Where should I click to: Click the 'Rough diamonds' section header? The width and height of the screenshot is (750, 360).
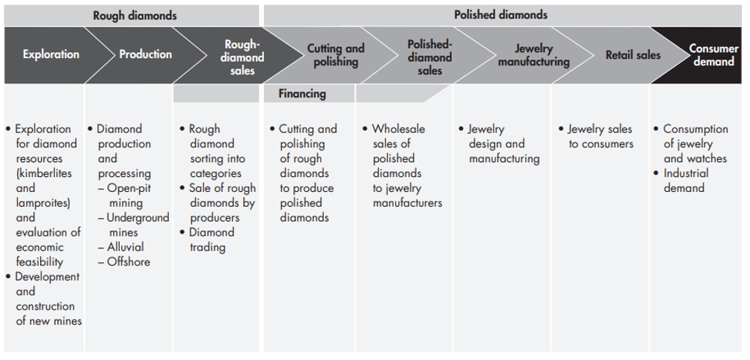pos(135,15)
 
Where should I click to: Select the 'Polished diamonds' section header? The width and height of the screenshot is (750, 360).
pos(500,15)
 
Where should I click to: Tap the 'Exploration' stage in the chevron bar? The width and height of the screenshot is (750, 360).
pos(51,54)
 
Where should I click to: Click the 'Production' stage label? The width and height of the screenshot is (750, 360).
pos(145,54)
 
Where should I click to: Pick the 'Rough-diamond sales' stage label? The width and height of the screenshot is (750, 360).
pos(243,57)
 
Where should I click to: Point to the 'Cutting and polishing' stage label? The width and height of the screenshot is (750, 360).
pos(336,55)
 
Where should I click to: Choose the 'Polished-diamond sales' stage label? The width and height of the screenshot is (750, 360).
pos(429,57)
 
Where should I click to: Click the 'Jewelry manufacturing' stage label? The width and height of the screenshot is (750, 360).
pos(533,55)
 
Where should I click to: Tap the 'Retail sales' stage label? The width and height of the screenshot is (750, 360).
pos(632,55)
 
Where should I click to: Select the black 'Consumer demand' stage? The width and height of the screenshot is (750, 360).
pos(714,55)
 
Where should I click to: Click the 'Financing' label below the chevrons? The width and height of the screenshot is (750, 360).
pos(302,94)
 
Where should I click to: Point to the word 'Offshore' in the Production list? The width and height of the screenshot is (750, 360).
pos(128,262)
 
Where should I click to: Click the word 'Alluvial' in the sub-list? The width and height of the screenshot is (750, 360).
pos(126,247)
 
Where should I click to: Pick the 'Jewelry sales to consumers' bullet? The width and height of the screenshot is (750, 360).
pos(600,136)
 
